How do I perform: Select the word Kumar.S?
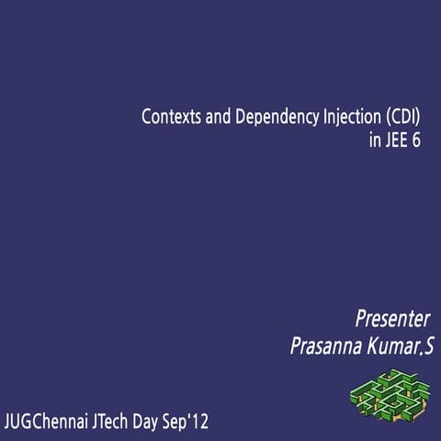(400, 347)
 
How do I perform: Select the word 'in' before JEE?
(372, 143)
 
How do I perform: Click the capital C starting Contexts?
(145, 118)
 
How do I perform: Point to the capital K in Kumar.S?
(375, 347)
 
